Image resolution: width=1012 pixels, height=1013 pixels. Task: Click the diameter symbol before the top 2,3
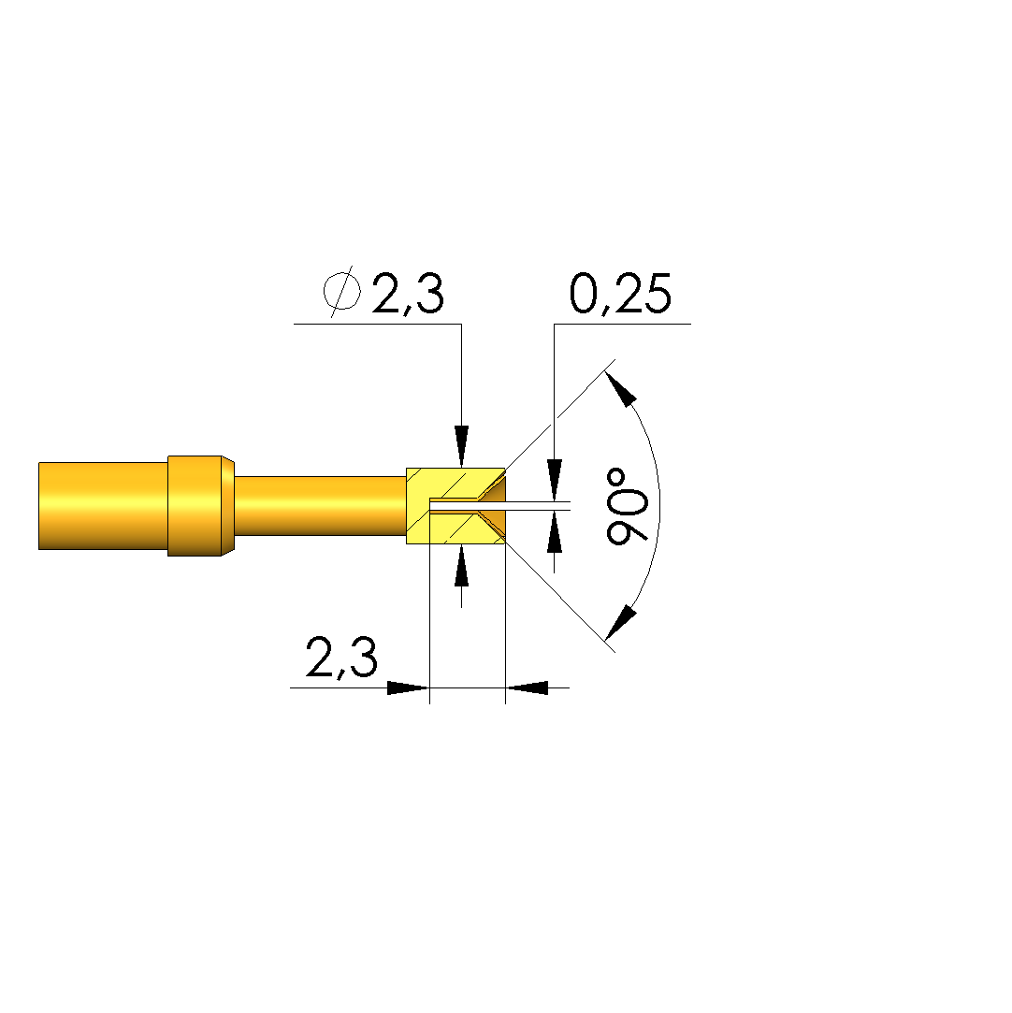tap(341, 292)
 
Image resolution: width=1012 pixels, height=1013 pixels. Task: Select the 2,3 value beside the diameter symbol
tap(408, 294)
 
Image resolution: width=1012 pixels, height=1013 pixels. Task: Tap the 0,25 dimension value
tap(621, 294)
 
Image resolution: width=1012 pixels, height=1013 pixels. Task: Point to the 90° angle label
tap(627, 506)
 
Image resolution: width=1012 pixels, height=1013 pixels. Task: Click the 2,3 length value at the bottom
tap(341, 657)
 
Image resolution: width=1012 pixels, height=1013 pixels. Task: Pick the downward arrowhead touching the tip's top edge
tap(461, 446)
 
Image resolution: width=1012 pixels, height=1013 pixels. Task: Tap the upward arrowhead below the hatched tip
tap(461, 565)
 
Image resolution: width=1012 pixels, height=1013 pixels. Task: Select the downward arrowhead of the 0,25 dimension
tap(554, 480)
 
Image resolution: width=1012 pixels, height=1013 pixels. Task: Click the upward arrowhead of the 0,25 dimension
tap(554, 532)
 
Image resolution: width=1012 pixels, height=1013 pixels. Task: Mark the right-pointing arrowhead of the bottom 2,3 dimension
tap(408, 688)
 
